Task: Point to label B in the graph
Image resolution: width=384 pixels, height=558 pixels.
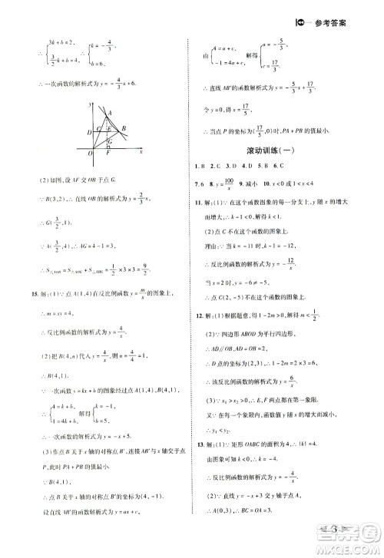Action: tap(125, 128)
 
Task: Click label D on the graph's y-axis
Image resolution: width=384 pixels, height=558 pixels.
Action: tap(90, 132)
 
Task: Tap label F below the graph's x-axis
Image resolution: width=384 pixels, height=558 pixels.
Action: tap(108, 154)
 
